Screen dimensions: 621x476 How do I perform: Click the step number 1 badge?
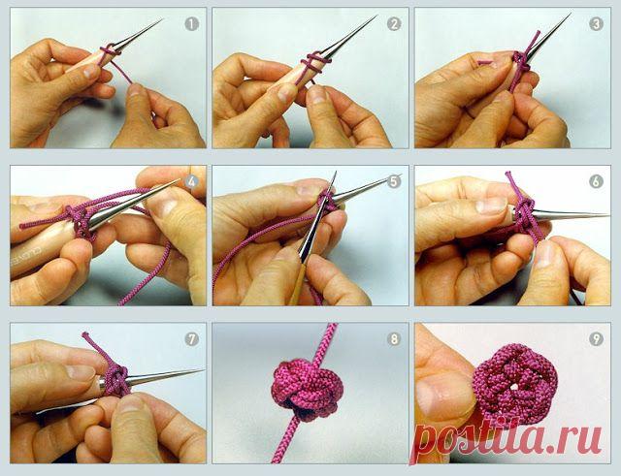pos(192,24)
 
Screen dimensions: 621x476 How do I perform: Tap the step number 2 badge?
pos(394,24)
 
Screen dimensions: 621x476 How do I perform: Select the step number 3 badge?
pos(596,24)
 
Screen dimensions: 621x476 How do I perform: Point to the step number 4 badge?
pos(192,182)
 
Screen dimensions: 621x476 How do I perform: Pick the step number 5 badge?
pos(394,182)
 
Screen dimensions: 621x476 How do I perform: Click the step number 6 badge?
pos(596,182)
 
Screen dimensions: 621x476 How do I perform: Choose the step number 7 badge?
pos(192,339)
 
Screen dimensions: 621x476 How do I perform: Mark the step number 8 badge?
pos(394,339)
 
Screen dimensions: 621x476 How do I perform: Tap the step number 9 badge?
pos(596,339)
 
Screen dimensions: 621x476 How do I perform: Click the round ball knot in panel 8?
pos(305,389)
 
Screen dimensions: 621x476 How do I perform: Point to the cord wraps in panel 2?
pos(314,61)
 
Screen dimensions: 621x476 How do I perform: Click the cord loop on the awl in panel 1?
pos(111,51)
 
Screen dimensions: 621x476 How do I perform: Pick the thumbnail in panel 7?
pos(81,372)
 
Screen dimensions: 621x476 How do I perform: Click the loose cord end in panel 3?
pos(484,62)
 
